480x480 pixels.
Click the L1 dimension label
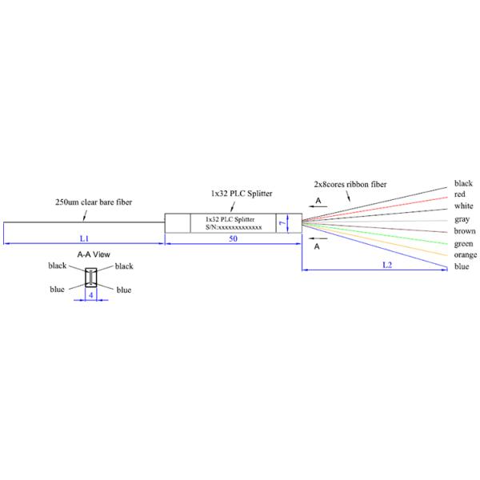point(84,238)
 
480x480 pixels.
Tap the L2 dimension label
point(386,263)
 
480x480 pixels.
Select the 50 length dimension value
point(233,238)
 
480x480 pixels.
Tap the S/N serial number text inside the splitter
point(234,227)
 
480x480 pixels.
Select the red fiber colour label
point(460,194)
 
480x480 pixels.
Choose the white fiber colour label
point(464,206)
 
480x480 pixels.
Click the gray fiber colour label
point(462,218)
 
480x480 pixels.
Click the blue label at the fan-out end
point(462,266)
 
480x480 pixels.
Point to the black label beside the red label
point(463,183)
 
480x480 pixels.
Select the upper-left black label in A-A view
point(58,265)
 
